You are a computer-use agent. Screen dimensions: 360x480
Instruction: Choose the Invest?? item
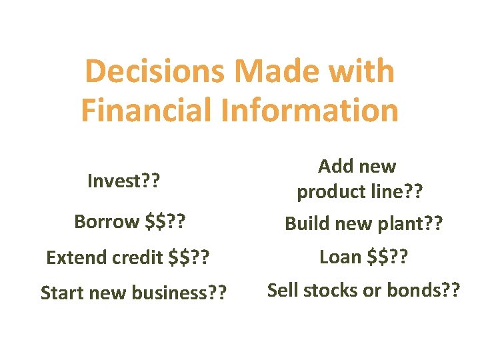[127, 181]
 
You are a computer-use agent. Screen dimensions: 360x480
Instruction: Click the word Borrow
[107, 221]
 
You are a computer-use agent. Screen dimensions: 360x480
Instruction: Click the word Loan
[341, 256]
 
